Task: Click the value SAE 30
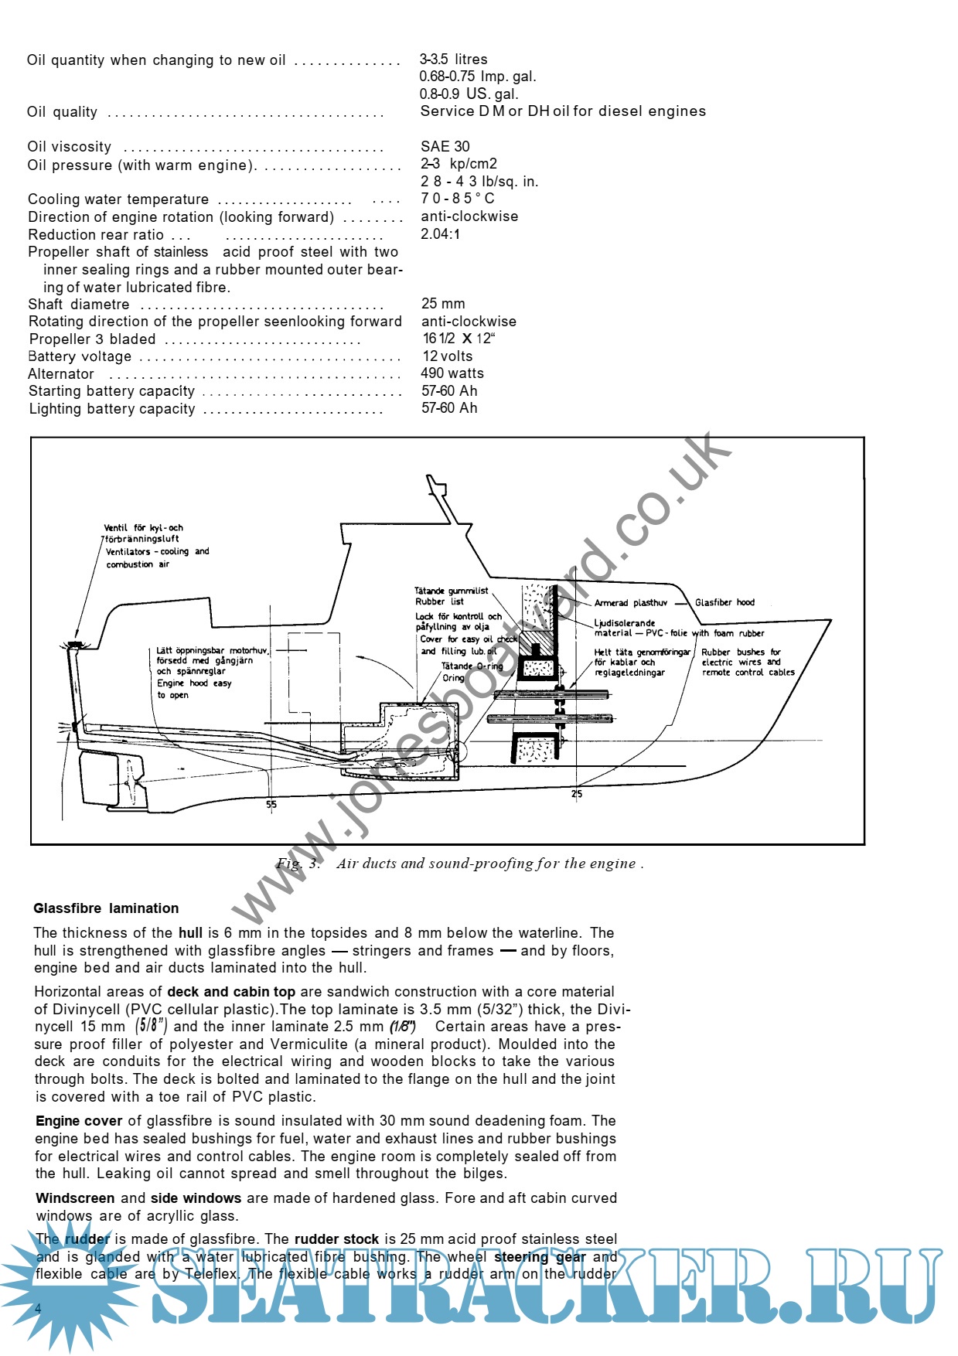click(x=445, y=146)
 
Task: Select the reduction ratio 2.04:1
click(x=440, y=233)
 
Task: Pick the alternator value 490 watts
click(x=452, y=373)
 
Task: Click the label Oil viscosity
click(x=70, y=147)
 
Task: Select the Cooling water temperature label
click(x=118, y=199)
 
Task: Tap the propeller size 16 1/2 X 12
click(x=458, y=339)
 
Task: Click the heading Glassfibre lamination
click(x=106, y=908)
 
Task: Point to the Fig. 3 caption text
click(x=459, y=864)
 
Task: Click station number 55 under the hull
click(x=271, y=804)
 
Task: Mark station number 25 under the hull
click(x=577, y=793)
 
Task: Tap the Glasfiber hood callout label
click(x=724, y=602)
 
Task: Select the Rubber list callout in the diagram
click(x=439, y=601)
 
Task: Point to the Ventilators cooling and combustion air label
click(x=157, y=557)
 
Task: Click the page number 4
click(x=39, y=1307)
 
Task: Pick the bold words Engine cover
click(x=79, y=1121)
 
